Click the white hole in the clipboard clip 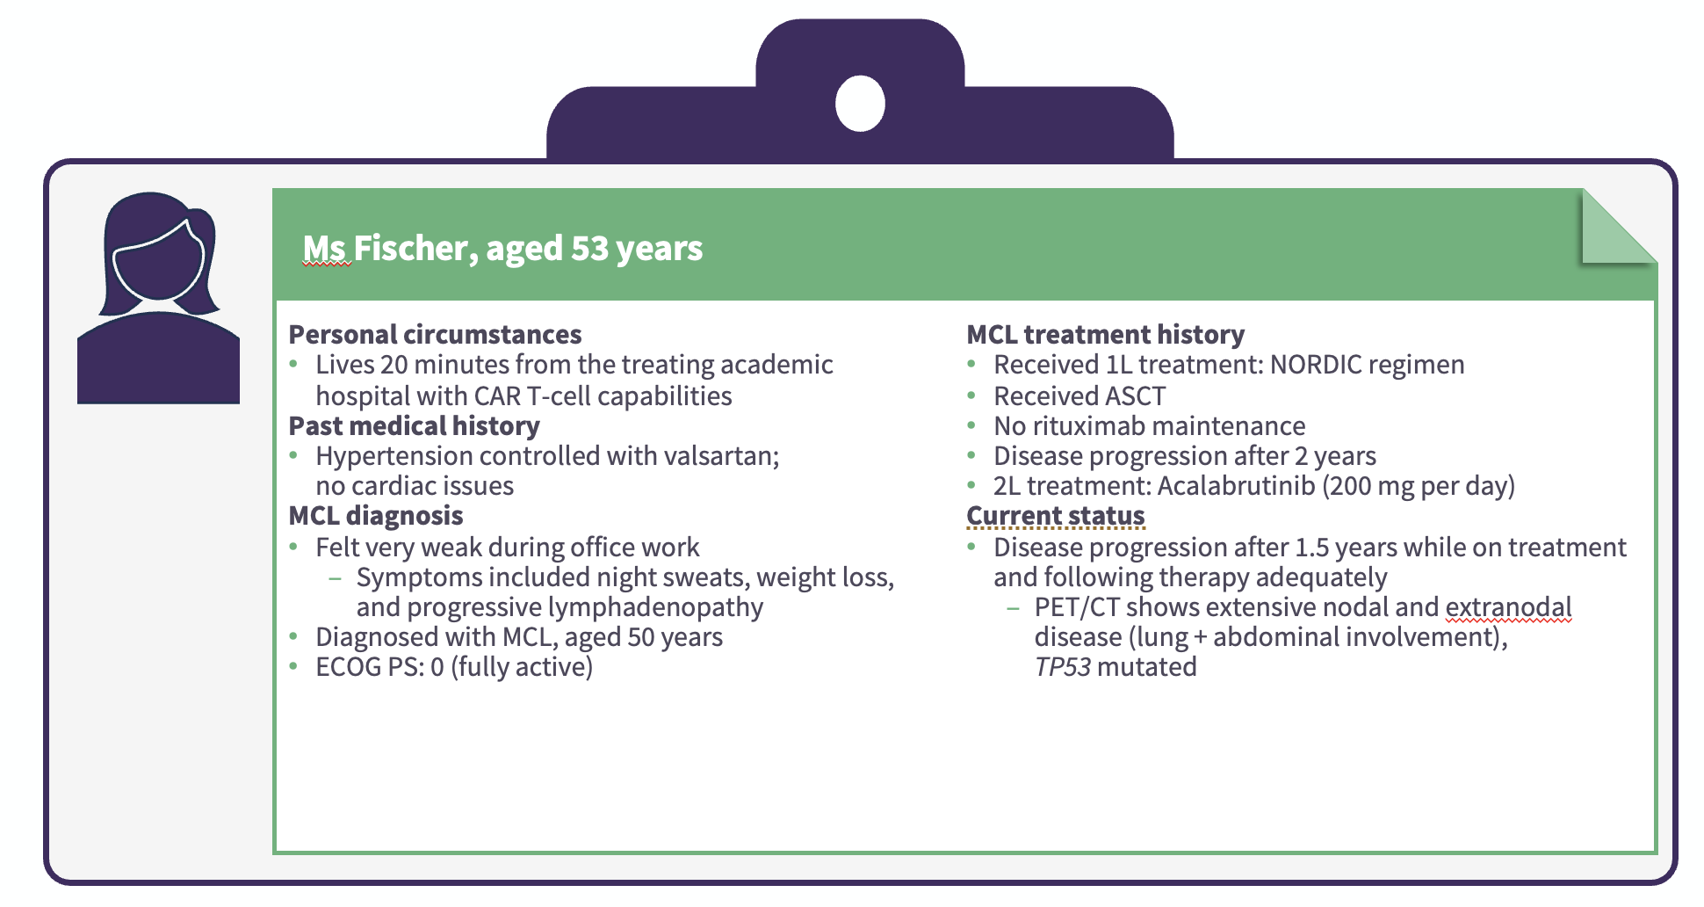860,103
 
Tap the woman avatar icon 158,298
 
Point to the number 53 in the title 589,248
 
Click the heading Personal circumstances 435,334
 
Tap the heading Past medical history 414,425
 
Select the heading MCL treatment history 1105,334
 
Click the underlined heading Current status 1055,515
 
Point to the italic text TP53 1062,666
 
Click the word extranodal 1508,606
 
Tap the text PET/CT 1076,606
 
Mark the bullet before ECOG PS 294,667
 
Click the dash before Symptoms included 335,578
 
